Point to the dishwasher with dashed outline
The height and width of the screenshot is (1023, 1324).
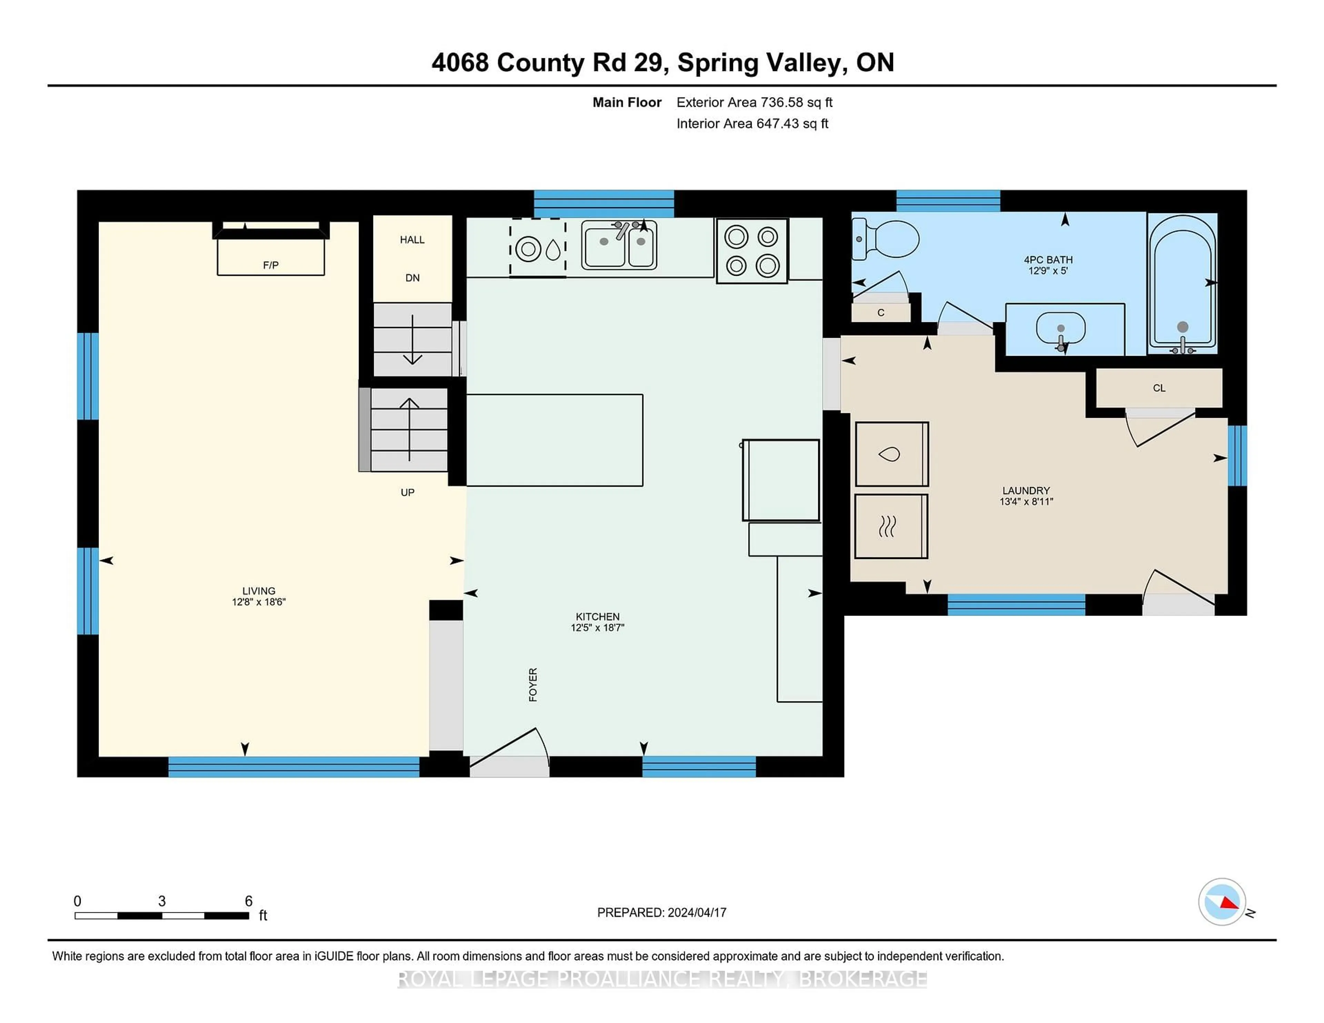click(x=538, y=249)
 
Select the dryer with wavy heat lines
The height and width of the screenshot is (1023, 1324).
click(x=891, y=526)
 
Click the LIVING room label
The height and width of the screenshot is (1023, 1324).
click(x=259, y=591)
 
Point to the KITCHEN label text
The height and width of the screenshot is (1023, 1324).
click(x=598, y=616)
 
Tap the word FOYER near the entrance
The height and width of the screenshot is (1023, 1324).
click(x=533, y=685)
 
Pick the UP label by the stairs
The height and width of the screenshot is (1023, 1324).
click(x=408, y=493)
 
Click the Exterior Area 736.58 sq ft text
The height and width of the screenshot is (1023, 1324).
click(x=755, y=102)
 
